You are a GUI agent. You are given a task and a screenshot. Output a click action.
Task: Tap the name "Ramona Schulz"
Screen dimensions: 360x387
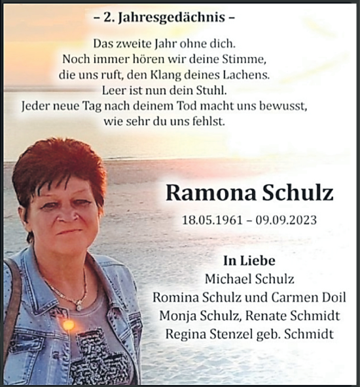pyautogui.click(x=249, y=193)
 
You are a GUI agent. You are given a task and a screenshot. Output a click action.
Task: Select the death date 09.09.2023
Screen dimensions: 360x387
pyautogui.click(x=287, y=220)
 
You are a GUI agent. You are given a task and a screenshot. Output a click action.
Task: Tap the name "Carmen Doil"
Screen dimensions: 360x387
pyautogui.click(x=311, y=297)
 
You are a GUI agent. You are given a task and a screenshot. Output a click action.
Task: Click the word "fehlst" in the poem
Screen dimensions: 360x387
pyautogui.click(x=207, y=121)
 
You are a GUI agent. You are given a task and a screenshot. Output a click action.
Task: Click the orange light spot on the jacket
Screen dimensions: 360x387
pyautogui.click(x=68, y=325)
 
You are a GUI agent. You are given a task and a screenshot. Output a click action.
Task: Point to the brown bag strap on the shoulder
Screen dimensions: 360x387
pyautogui.click(x=12, y=288)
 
